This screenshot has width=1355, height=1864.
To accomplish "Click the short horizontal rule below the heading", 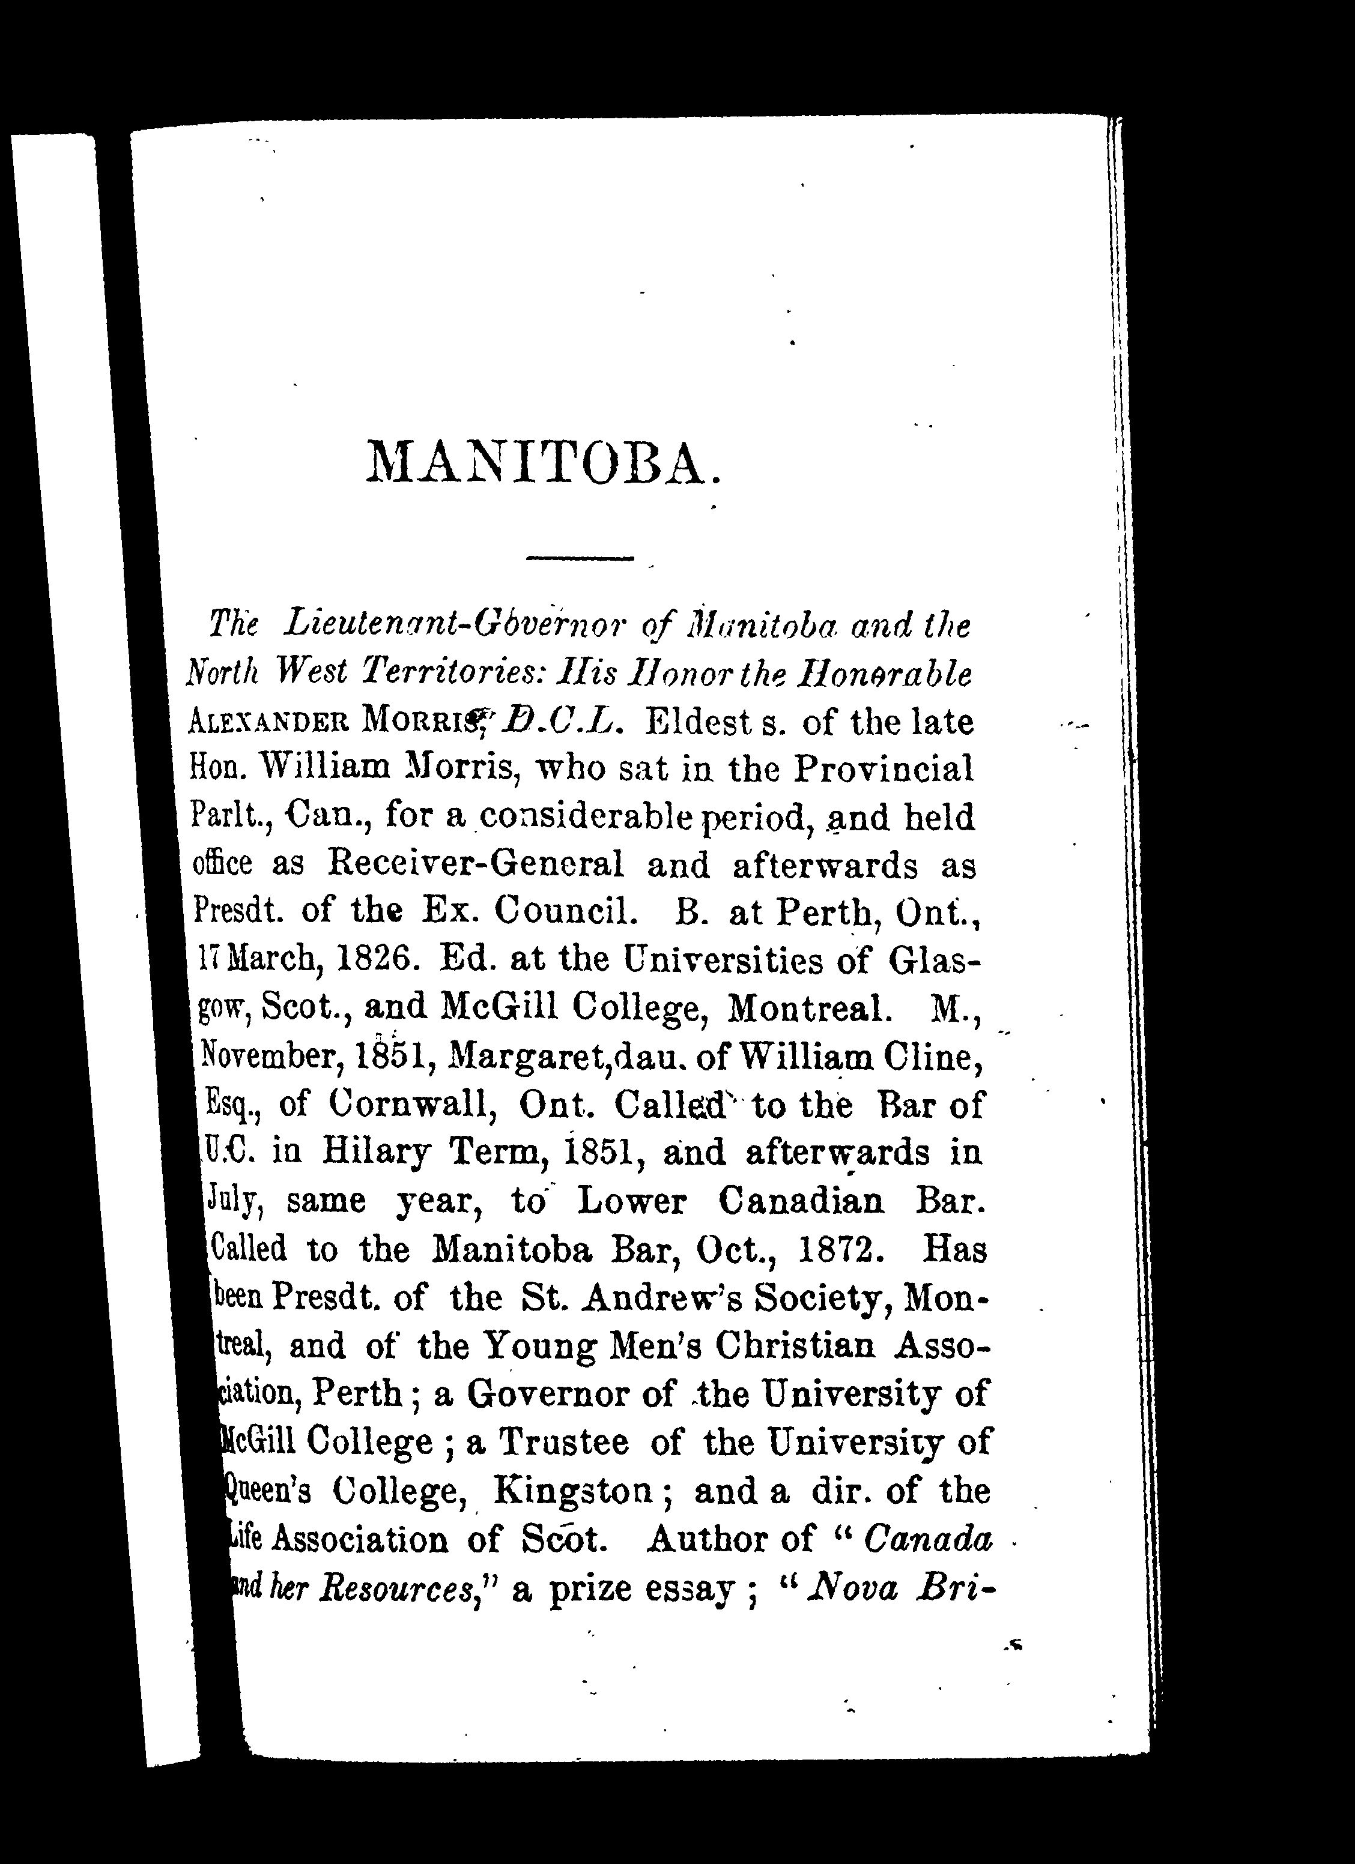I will pos(580,560).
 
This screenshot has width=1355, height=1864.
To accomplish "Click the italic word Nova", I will pos(852,1588).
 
